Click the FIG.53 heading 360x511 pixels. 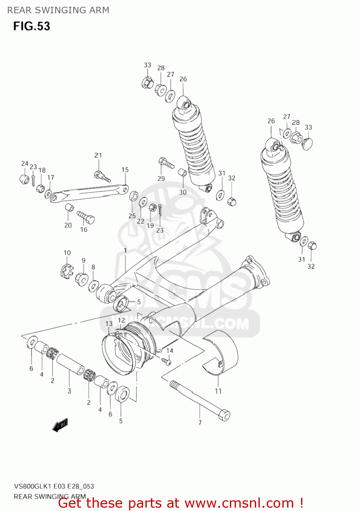(x=32, y=26)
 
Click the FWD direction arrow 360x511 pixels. (x=60, y=425)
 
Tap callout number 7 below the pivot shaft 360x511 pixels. (x=200, y=422)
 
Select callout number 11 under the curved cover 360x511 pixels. (x=218, y=391)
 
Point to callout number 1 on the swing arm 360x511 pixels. (x=125, y=250)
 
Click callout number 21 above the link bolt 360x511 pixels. (x=98, y=155)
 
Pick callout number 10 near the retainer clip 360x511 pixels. (x=67, y=253)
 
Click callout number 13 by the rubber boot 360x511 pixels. (x=109, y=324)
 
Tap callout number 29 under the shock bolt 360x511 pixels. (x=161, y=179)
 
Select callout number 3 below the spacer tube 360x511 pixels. (x=69, y=391)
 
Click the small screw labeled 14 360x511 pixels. (x=167, y=360)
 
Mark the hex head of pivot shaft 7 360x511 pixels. (x=224, y=416)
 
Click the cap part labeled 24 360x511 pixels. (x=24, y=179)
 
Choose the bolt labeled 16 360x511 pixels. (x=85, y=217)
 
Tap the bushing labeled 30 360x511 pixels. (x=183, y=172)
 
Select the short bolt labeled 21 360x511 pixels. (x=102, y=176)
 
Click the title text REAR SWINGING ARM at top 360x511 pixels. (x=58, y=10)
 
